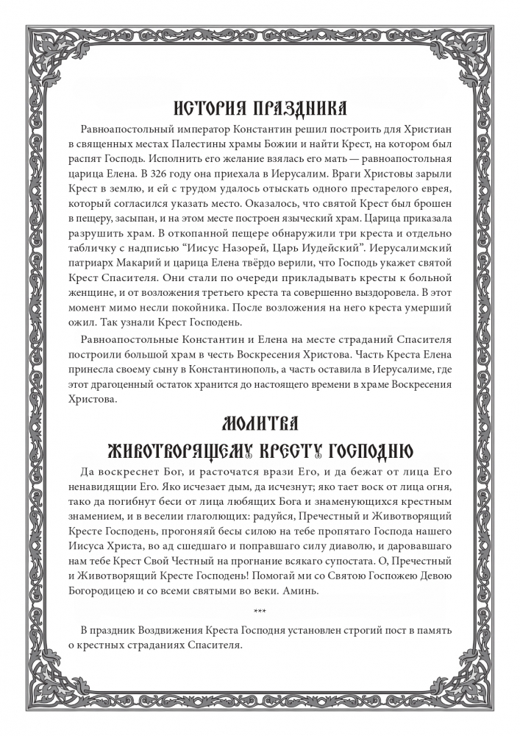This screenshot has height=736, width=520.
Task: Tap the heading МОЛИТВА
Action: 260,425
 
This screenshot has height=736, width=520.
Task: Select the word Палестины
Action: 217,144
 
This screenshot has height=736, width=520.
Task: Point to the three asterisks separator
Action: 260,611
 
